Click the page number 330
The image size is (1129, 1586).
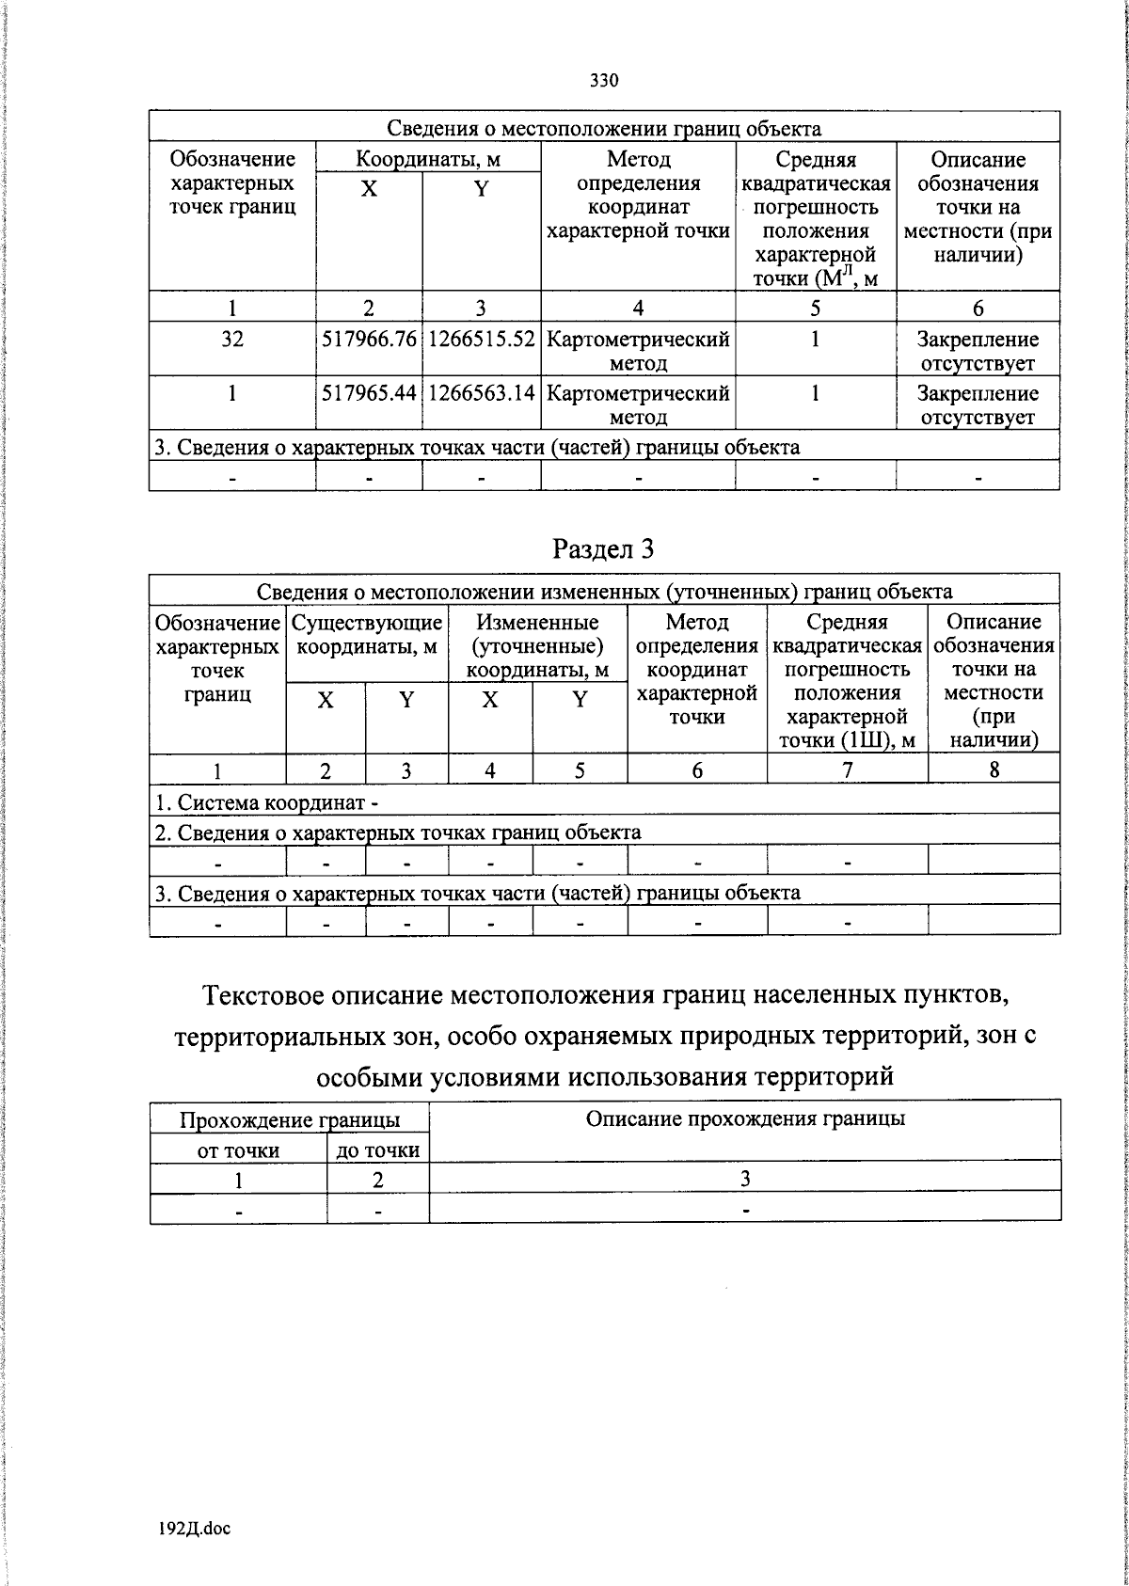(604, 80)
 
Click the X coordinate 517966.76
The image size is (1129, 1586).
(369, 340)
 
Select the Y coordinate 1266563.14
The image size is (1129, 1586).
(481, 393)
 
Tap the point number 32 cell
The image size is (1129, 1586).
(231, 340)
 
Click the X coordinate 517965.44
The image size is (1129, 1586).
(369, 393)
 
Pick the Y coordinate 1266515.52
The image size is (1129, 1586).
(481, 340)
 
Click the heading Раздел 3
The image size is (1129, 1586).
(603, 548)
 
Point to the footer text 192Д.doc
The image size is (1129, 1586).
(195, 1529)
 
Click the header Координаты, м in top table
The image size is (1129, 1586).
(428, 159)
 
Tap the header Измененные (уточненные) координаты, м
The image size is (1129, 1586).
(537, 646)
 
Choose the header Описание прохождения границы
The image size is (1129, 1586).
(744, 1118)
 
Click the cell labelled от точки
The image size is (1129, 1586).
(238, 1150)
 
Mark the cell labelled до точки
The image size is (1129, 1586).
(377, 1150)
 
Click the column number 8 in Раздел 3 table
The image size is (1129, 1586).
(994, 770)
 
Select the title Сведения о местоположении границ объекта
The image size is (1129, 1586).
(604, 129)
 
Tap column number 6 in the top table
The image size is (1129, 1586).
(978, 308)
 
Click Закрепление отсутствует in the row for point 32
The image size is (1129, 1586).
(978, 351)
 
